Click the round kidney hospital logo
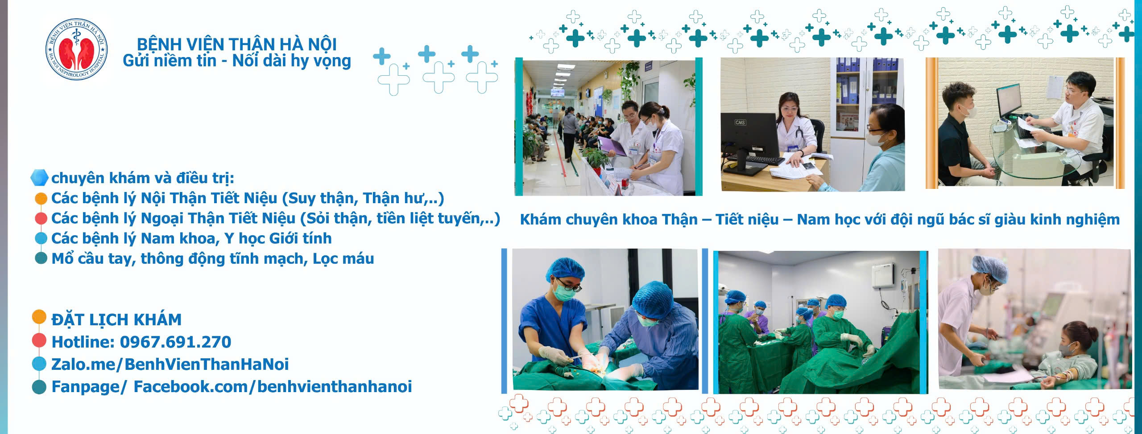(77, 49)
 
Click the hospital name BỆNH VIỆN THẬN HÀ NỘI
(237, 44)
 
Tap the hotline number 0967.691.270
(176, 342)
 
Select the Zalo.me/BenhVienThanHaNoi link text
(170, 364)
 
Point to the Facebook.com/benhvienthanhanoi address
(273, 386)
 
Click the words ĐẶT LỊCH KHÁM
(116, 319)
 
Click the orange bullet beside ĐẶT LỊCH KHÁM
(39, 317)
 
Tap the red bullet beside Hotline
(39, 341)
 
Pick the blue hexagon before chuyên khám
(39, 177)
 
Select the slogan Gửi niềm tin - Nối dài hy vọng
(237, 61)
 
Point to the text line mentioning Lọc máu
(213, 259)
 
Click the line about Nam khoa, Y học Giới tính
(191, 238)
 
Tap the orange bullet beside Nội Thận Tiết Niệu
(41, 199)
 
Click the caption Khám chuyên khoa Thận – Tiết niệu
(650, 220)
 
